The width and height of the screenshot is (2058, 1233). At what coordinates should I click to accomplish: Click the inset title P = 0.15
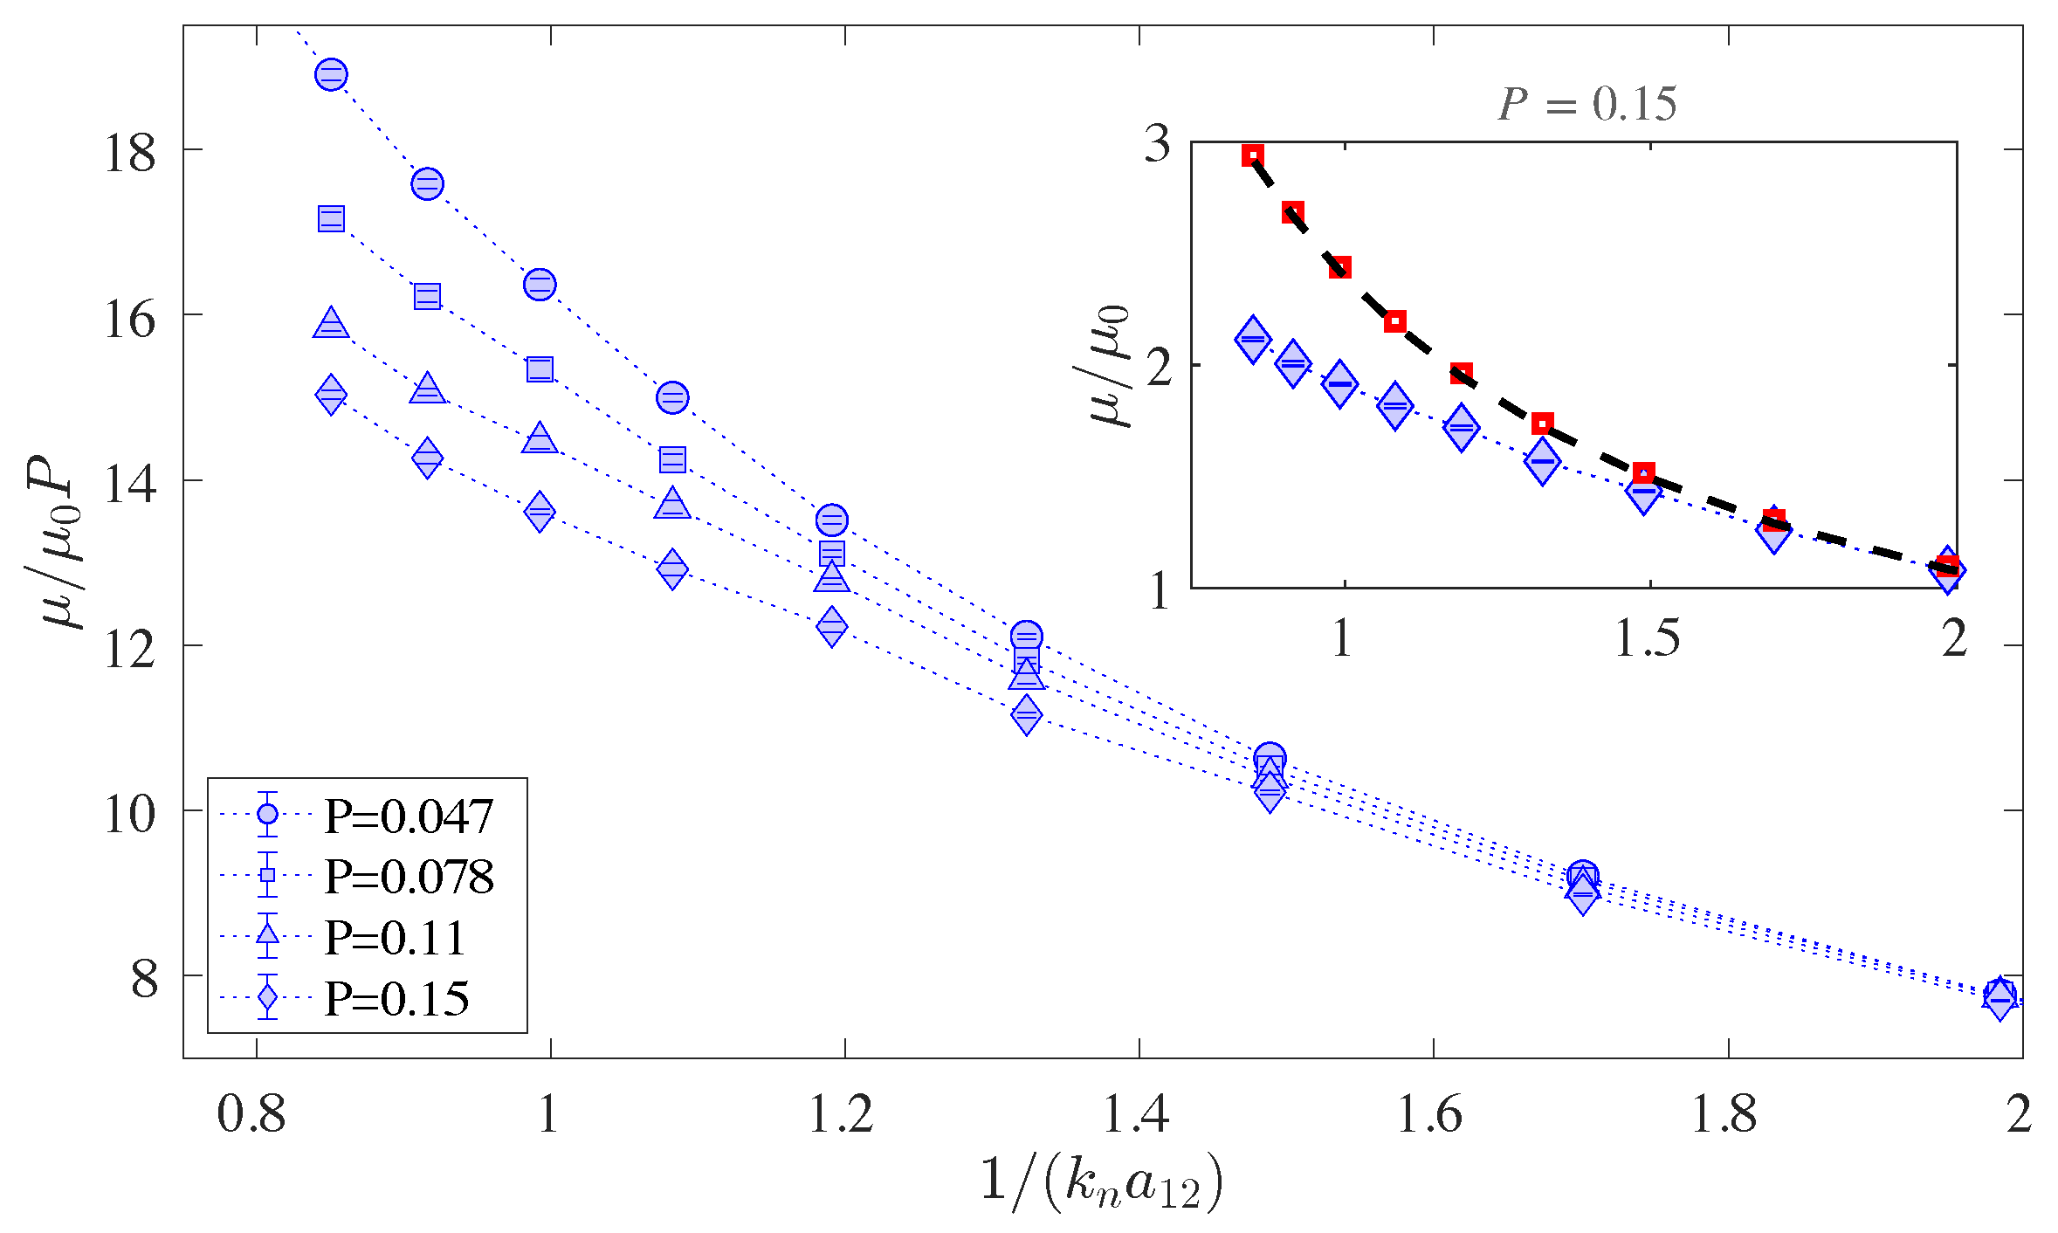[1587, 104]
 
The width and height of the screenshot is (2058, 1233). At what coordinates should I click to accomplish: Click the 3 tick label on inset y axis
[1158, 143]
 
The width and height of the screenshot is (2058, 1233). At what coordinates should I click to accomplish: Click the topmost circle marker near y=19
[331, 75]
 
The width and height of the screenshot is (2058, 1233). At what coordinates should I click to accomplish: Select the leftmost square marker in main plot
[331, 218]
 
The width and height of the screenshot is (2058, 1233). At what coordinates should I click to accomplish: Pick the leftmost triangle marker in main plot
[331, 324]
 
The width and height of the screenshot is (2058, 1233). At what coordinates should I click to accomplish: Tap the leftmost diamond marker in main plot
[331, 396]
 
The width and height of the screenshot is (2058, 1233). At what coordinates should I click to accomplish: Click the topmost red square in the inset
[1253, 156]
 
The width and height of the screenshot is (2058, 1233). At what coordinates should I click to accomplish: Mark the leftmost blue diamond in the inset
[1253, 340]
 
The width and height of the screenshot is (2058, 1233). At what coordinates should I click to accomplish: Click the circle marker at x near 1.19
[831, 520]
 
